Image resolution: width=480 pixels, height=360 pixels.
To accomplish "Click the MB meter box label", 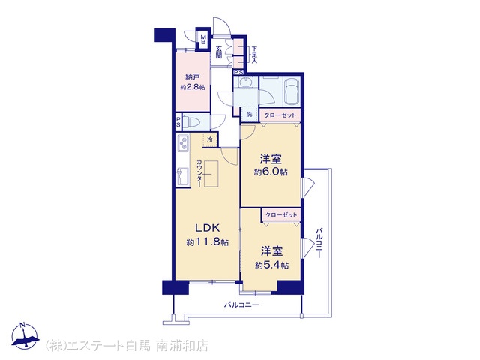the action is coord(203,40).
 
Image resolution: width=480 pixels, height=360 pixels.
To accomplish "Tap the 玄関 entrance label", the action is coord(218,52).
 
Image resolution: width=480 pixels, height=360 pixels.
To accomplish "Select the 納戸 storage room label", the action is coord(193,76).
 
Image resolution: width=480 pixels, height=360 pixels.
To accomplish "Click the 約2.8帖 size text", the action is coord(193,87).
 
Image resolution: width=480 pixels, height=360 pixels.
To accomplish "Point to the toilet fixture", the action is coord(191,122).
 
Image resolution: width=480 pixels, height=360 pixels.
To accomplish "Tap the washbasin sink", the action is coord(245,82).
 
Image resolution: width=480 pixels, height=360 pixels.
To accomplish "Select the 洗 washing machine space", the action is coord(250,115).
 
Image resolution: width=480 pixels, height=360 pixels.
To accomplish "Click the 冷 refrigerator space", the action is coord(210,139).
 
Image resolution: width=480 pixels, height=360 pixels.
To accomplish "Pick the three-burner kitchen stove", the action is coord(183,143).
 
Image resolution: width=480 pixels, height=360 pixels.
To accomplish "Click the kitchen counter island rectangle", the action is coord(211,173).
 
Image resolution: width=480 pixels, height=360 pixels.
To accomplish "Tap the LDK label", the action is coord(207,228).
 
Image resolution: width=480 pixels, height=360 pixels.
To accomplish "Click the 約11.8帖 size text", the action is coord(208,242).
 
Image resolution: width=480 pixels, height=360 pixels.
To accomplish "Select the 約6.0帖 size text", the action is coord(271,172).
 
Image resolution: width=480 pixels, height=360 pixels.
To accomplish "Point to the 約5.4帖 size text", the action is coord(271,265).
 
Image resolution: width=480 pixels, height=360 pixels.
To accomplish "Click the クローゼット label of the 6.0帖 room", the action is coord(280,115).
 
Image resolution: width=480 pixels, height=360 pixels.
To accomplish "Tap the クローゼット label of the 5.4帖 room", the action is coord(281,215).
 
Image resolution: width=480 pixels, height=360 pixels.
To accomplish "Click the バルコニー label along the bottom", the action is coord(241,305).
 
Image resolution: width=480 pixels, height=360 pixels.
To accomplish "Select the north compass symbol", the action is coord(25,335).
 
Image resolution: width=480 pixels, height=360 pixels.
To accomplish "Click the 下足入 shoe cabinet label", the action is coord(254,55).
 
